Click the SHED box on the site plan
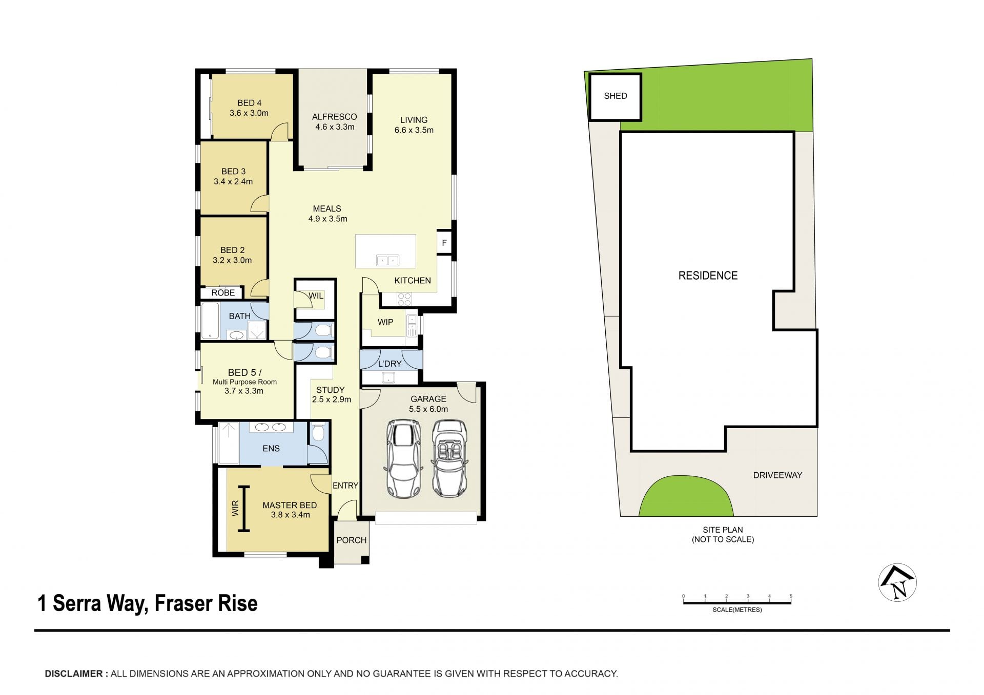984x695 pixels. pyautogui.click(x=615, y=96)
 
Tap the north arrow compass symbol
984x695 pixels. pyautogui.click(x=897, y=582)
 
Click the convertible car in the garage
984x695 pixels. pyautogui.click(x=449, y=458)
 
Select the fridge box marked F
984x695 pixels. pyautogui.click(x=444, y=243)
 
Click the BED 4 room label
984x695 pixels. pyautogui.click(x=249, y=103)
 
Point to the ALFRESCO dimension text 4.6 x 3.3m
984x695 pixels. pyautogui.click(x=335, y=127)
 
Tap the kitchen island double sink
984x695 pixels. pyautogui.click(x=387, y=261)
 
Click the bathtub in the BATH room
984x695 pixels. pyautogui.click(x=210, y=321)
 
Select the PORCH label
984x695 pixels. pyautogui.click(x=351, y=540)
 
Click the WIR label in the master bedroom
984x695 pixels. pyautogui.click(x=235, y=508)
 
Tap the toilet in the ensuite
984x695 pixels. pyautogui.click(x=318, y=432)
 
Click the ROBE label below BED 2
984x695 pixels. pyautogui.click(x=223, y=292)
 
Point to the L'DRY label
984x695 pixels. pyautogui.click(x=389, y=364)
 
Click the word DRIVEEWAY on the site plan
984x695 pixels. pyautogui.click(x=777, y=475)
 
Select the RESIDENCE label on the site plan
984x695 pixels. pyautogui.click(x=708, y=276)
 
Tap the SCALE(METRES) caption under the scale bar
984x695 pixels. pyautogui.click(x=737, y=610)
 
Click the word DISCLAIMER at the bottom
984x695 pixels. pyautogui.click(x=74, y=674)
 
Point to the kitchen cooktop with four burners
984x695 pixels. pyautogui.click(x=404, y=299)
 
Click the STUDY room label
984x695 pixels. pyautogui.click(x=330, y=390)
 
